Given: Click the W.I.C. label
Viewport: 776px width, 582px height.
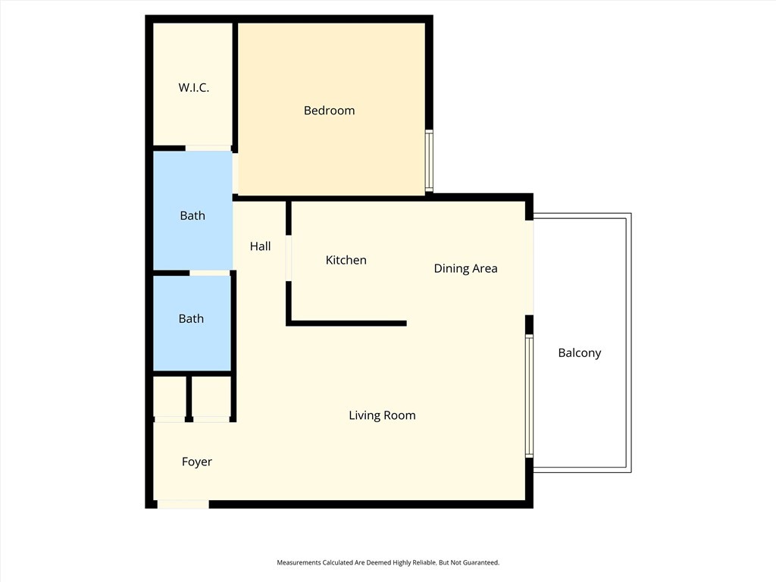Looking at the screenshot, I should coord(193,88).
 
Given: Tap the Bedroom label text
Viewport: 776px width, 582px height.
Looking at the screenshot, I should coord(329,111).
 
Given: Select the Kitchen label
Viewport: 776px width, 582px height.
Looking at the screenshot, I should coord(346,260).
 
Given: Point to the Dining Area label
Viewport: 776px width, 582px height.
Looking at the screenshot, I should coord(465,268).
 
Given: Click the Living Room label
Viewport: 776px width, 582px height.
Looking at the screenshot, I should coord(382,415).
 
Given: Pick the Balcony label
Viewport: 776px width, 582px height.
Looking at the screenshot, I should coord(579,352).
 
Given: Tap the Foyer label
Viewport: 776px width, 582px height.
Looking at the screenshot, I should coord(196,462).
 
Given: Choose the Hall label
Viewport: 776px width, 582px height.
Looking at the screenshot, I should coord(260,246).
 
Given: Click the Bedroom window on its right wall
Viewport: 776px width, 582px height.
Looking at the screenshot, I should coord(428,161).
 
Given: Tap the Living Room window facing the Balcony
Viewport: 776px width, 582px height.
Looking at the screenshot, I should coord(529,396).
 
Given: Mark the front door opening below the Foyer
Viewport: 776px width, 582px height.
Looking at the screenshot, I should coord(183,504).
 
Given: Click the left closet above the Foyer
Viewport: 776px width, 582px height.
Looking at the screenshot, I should coord(170,396).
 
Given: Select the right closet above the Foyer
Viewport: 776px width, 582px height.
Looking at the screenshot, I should coord(211,396).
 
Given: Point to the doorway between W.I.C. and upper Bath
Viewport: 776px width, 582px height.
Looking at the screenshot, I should coord(208,148).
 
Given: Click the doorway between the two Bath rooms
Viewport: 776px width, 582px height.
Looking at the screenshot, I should coord(209,273).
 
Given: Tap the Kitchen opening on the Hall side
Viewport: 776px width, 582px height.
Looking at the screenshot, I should coord(288,258).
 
